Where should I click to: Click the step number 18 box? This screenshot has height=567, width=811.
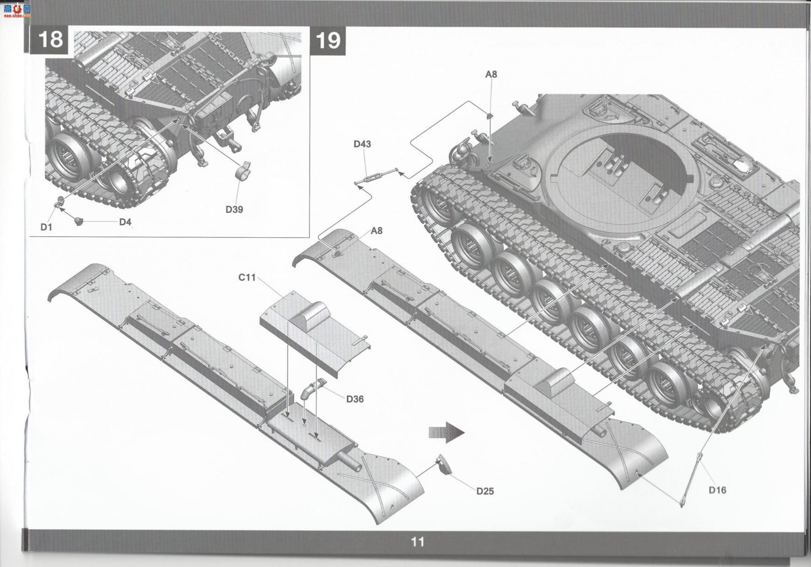(x=50, y=39)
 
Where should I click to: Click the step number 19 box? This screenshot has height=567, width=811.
(x=328, y=40)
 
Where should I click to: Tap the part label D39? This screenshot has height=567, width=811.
(x=234, y=210)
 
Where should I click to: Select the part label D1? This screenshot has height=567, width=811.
(x=46, y=227)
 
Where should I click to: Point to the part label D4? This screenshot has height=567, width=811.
(x=125, y=222)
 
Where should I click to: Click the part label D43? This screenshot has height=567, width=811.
(x=362, y=144)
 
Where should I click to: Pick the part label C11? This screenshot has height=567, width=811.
(x=247, y=277)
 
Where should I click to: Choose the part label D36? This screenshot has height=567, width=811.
(x=355, y=399)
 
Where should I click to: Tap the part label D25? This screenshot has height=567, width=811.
(x=485, y=491)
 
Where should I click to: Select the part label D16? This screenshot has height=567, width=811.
(x=717, y=490)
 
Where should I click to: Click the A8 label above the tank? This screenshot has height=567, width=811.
(x=491, y=74)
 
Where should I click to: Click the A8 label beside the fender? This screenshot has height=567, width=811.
(x=376, y=230)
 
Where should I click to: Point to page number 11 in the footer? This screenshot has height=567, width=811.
(x=417, y=542)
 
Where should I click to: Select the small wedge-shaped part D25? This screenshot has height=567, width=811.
(x=444, y=465)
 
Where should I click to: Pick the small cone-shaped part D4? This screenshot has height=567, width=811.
(x=79, y=221)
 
